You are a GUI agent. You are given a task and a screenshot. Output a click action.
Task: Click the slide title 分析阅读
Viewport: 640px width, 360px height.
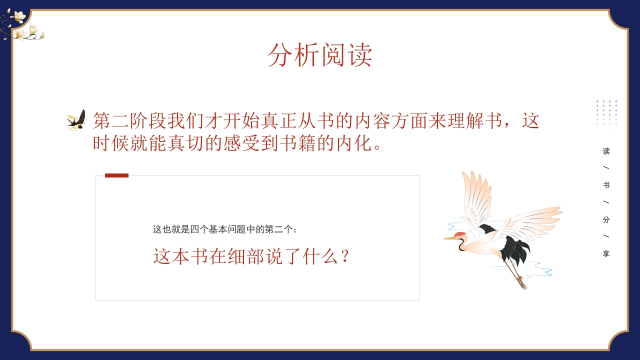click(x=320, y=54)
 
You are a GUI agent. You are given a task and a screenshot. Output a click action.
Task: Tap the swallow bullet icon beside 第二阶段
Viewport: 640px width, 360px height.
click(x=76, y=120)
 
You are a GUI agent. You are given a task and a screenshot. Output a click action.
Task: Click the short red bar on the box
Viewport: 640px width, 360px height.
click(x=116, y=175)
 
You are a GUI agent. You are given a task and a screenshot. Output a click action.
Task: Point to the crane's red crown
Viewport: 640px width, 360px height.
click(x=459, y=234)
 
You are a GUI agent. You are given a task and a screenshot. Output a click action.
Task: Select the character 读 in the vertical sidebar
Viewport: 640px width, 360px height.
click(x=606, y=151)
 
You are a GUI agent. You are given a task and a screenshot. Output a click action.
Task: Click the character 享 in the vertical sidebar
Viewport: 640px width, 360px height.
click(x=606, y=254)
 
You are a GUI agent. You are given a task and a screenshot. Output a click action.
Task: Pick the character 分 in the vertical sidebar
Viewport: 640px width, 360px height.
click(x=606, y=219)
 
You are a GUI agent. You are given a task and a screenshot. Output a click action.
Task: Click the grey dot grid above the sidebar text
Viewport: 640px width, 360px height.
click(x=606, y=112)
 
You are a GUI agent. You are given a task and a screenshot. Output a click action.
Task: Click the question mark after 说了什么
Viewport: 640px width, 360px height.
click(x=344, y=257)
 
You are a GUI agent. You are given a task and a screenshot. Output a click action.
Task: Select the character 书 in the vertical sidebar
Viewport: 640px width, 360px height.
click(x=606, y=185)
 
